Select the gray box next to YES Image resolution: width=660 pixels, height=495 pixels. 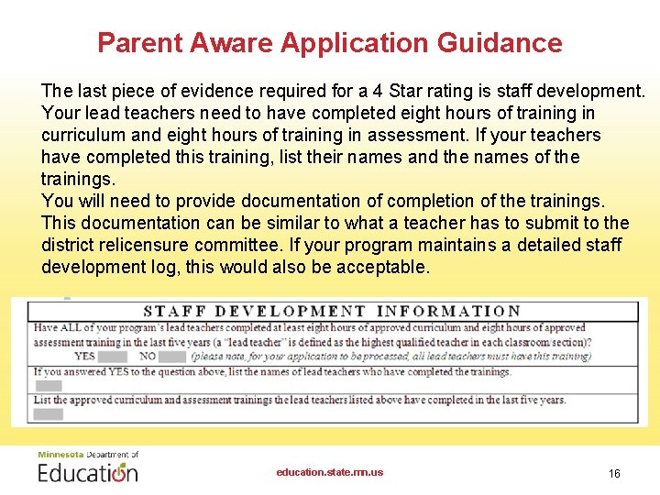112,356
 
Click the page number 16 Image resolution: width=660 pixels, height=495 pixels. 614,473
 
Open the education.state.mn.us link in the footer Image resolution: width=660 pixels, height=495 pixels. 330,472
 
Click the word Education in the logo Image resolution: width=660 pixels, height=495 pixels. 88,473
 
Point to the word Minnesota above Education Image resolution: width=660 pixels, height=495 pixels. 60,455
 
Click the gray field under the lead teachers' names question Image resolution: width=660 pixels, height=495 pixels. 49,386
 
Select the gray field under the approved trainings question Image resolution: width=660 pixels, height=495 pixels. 49,414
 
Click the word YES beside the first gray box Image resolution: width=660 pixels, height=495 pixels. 84,356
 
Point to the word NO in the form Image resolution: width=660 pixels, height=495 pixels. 148,356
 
